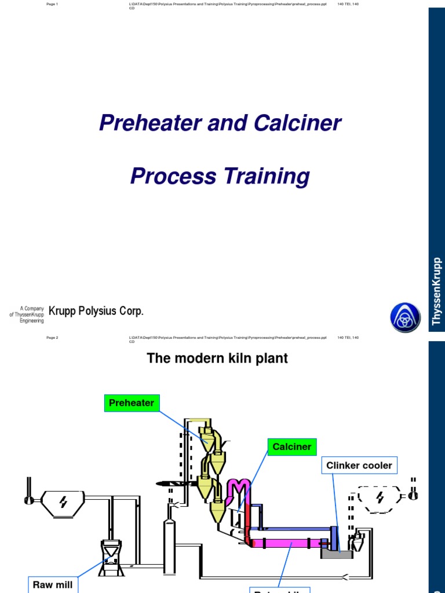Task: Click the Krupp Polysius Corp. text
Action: point(96,311)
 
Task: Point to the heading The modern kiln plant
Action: point(217,358)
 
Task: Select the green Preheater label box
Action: point(132,403)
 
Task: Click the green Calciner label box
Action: point(292,446)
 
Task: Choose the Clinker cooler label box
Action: point(359,466)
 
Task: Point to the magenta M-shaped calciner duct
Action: point(237,489)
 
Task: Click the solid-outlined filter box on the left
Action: point(64,502)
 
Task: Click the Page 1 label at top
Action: point(52,5)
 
